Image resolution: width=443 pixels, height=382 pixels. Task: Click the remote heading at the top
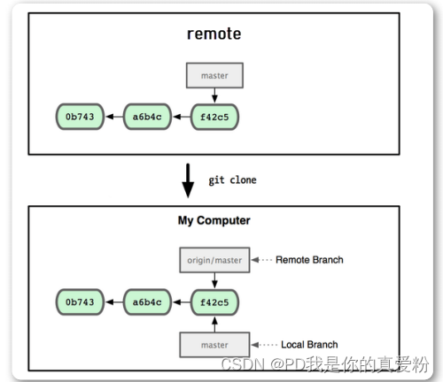coord(214,34)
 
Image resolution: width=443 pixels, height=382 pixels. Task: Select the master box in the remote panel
coord(214,75)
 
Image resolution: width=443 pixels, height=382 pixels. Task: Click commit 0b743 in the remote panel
coord(80,117)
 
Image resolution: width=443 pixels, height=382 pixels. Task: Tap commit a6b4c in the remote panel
coord(147,117)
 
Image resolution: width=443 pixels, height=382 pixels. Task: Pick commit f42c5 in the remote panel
coord(214,117)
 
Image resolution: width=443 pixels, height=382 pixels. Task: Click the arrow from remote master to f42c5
coord(214,95)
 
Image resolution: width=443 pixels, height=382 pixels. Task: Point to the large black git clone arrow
coord(188,180)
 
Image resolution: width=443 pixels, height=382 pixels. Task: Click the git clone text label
coord(232,180)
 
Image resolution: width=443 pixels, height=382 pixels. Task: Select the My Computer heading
coord(214,220)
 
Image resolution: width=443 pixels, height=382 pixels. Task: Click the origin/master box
coord(214,260)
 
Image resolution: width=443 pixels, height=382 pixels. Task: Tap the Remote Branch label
coord(309,260)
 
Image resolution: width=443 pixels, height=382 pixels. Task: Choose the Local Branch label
coord(309,344)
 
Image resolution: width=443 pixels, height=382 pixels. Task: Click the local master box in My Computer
coord(214,345)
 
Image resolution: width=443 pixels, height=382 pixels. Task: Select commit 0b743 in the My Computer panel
coord(80,302)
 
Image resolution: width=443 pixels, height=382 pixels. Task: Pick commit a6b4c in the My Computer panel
coord(147,302)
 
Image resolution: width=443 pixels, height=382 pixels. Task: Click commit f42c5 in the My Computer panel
coord(214,302)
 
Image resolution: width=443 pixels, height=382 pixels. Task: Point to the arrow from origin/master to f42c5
coord(214,280)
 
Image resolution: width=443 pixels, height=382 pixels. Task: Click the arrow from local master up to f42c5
coord(214,325)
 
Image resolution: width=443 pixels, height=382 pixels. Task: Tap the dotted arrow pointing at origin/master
coord(261,260)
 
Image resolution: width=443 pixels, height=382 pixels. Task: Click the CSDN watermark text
coord(325,364)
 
